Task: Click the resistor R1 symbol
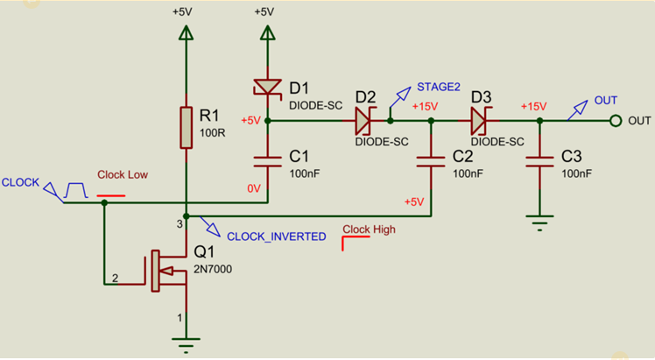pos(186,128)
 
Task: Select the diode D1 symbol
pos(267,87)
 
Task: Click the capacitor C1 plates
pos(267,161)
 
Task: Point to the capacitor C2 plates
pos(431,161)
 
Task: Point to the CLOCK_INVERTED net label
pos(276,236)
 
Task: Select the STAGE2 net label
pos(438,87)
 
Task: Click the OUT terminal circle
pos(616,120)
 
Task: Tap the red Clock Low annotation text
pos(123,174)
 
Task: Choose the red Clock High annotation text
pos(369,229)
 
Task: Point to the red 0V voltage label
pos(254,187)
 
